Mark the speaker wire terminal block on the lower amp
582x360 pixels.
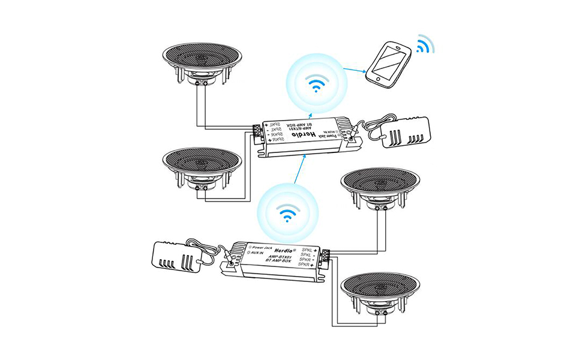coord(325,257)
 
